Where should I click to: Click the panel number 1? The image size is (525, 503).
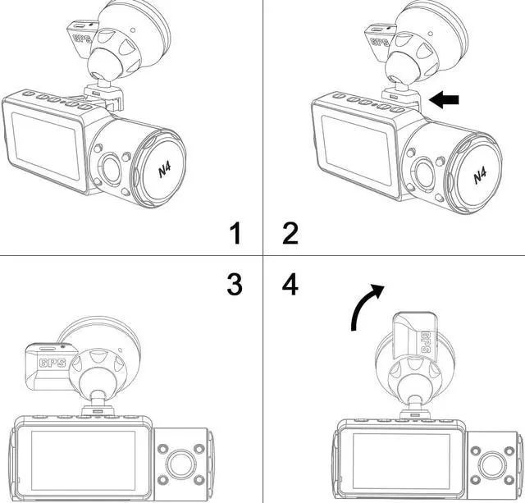(235, 233)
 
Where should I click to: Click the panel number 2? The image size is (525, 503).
(290, 233)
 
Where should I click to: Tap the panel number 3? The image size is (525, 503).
(235, 284)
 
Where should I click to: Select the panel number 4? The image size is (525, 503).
(290, 284)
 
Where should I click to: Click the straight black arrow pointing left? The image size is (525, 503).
(444, 100)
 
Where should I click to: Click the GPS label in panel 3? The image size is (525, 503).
(54, 361)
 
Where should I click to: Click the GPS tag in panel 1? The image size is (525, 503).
(84, 37)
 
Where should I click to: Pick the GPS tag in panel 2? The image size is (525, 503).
(379, 39)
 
